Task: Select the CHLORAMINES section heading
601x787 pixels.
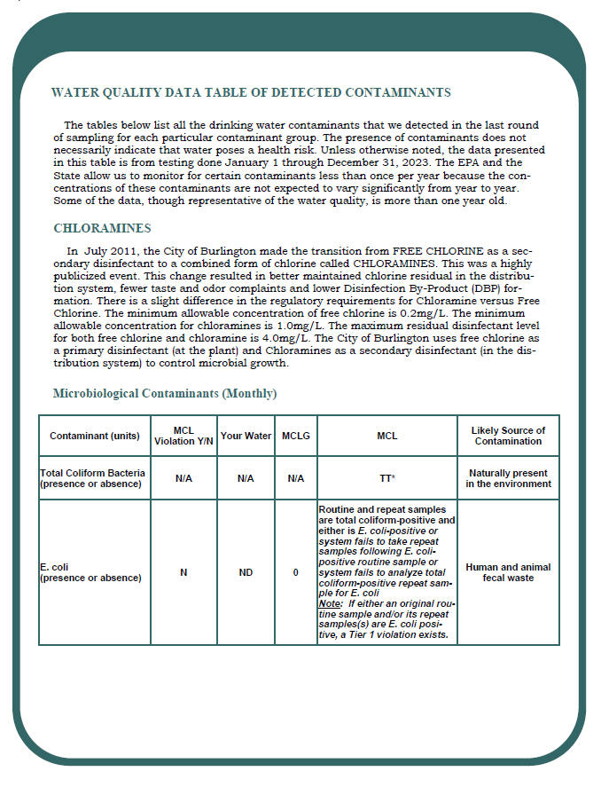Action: [x=102, y=228]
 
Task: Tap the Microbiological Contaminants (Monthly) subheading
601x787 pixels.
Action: [x=165, y=392]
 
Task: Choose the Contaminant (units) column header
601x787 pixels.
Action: [x=95, y=436]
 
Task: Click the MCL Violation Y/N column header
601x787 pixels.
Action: [x=183, y=436]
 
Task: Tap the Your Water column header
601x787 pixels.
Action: [x=246, y=436]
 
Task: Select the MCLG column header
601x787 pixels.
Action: [x=296, y=436]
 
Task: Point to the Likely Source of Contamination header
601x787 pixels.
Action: [x=508, y=436]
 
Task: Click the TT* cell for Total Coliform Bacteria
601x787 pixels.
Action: [x=387, y=479]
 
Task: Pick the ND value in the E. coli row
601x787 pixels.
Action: [x=246, y=572]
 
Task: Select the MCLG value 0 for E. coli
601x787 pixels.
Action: [x=296, y=572]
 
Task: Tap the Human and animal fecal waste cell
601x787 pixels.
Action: [x=508, y=572]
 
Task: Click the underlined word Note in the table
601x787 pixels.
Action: [x=330, y=603]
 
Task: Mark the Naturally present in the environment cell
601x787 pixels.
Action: [x=508, y=479]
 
